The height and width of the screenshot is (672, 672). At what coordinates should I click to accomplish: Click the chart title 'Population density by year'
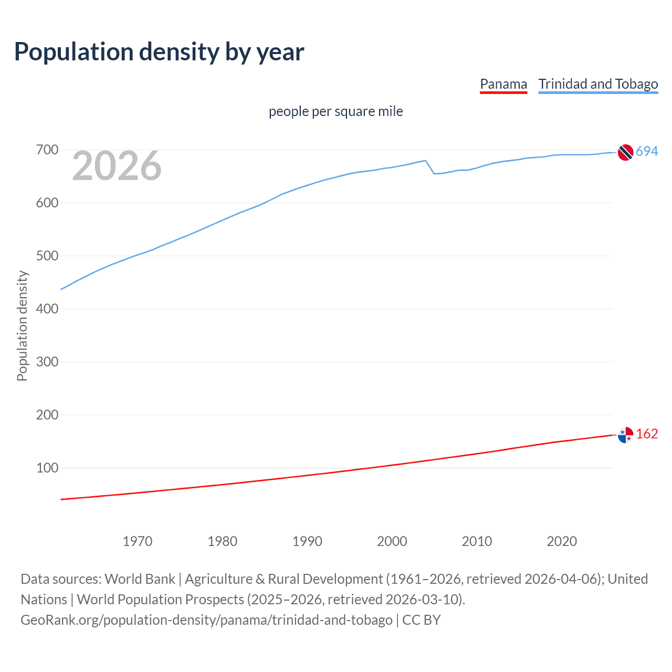(159, 52)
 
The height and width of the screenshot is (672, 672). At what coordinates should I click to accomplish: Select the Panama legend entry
(503, 85)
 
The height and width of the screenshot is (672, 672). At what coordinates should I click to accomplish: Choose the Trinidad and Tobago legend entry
(598, 85)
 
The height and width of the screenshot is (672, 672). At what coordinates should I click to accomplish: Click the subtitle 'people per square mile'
(335, 111)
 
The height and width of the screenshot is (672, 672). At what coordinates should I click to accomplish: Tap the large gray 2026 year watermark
(117, 166)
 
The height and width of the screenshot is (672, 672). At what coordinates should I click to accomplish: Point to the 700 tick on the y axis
(47, 150)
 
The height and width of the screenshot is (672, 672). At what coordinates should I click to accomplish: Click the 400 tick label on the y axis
(47, 309)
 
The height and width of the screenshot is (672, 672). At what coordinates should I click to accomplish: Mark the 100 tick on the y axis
(47, 468)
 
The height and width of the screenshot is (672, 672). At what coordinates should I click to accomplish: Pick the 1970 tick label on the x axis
(138, 541)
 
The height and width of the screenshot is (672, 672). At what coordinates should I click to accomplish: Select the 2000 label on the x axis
(392, 541)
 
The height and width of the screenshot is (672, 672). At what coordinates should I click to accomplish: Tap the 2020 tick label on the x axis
(562, 541)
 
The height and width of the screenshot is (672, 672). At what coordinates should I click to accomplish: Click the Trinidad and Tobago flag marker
(625, 152)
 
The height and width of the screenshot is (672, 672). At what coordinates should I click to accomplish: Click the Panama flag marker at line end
(625, 435)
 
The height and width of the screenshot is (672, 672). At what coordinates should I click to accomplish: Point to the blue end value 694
(647, 152)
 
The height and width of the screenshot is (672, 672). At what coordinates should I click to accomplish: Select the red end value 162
(647, 434)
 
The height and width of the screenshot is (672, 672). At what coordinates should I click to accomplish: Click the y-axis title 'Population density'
(22, 325)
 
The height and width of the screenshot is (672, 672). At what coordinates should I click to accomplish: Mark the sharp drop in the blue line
(430, 167)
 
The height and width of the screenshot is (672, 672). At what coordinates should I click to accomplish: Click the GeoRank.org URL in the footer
(206, 620)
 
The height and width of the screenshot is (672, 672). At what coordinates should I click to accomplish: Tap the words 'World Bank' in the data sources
(140, 579)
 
